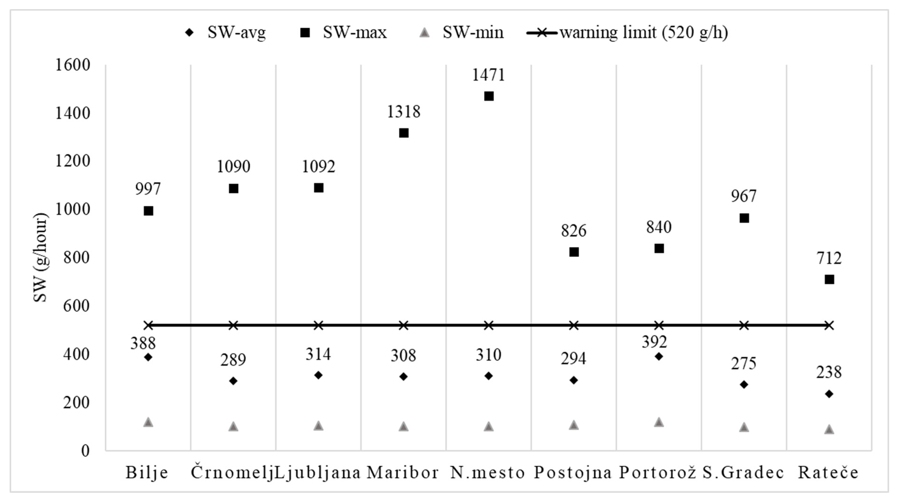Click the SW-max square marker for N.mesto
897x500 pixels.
coord(489,96)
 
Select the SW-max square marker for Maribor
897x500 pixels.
coord(403,133)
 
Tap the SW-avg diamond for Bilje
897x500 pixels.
coord(148,357)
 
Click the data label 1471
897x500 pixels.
coord(488,75)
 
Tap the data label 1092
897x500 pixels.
coord(318,167)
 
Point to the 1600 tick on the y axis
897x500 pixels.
coord(73,65)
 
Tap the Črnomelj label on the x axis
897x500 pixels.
coord(232,472)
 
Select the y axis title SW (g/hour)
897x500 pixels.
coord(40,258)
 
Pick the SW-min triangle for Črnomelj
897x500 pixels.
coord(233,427)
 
